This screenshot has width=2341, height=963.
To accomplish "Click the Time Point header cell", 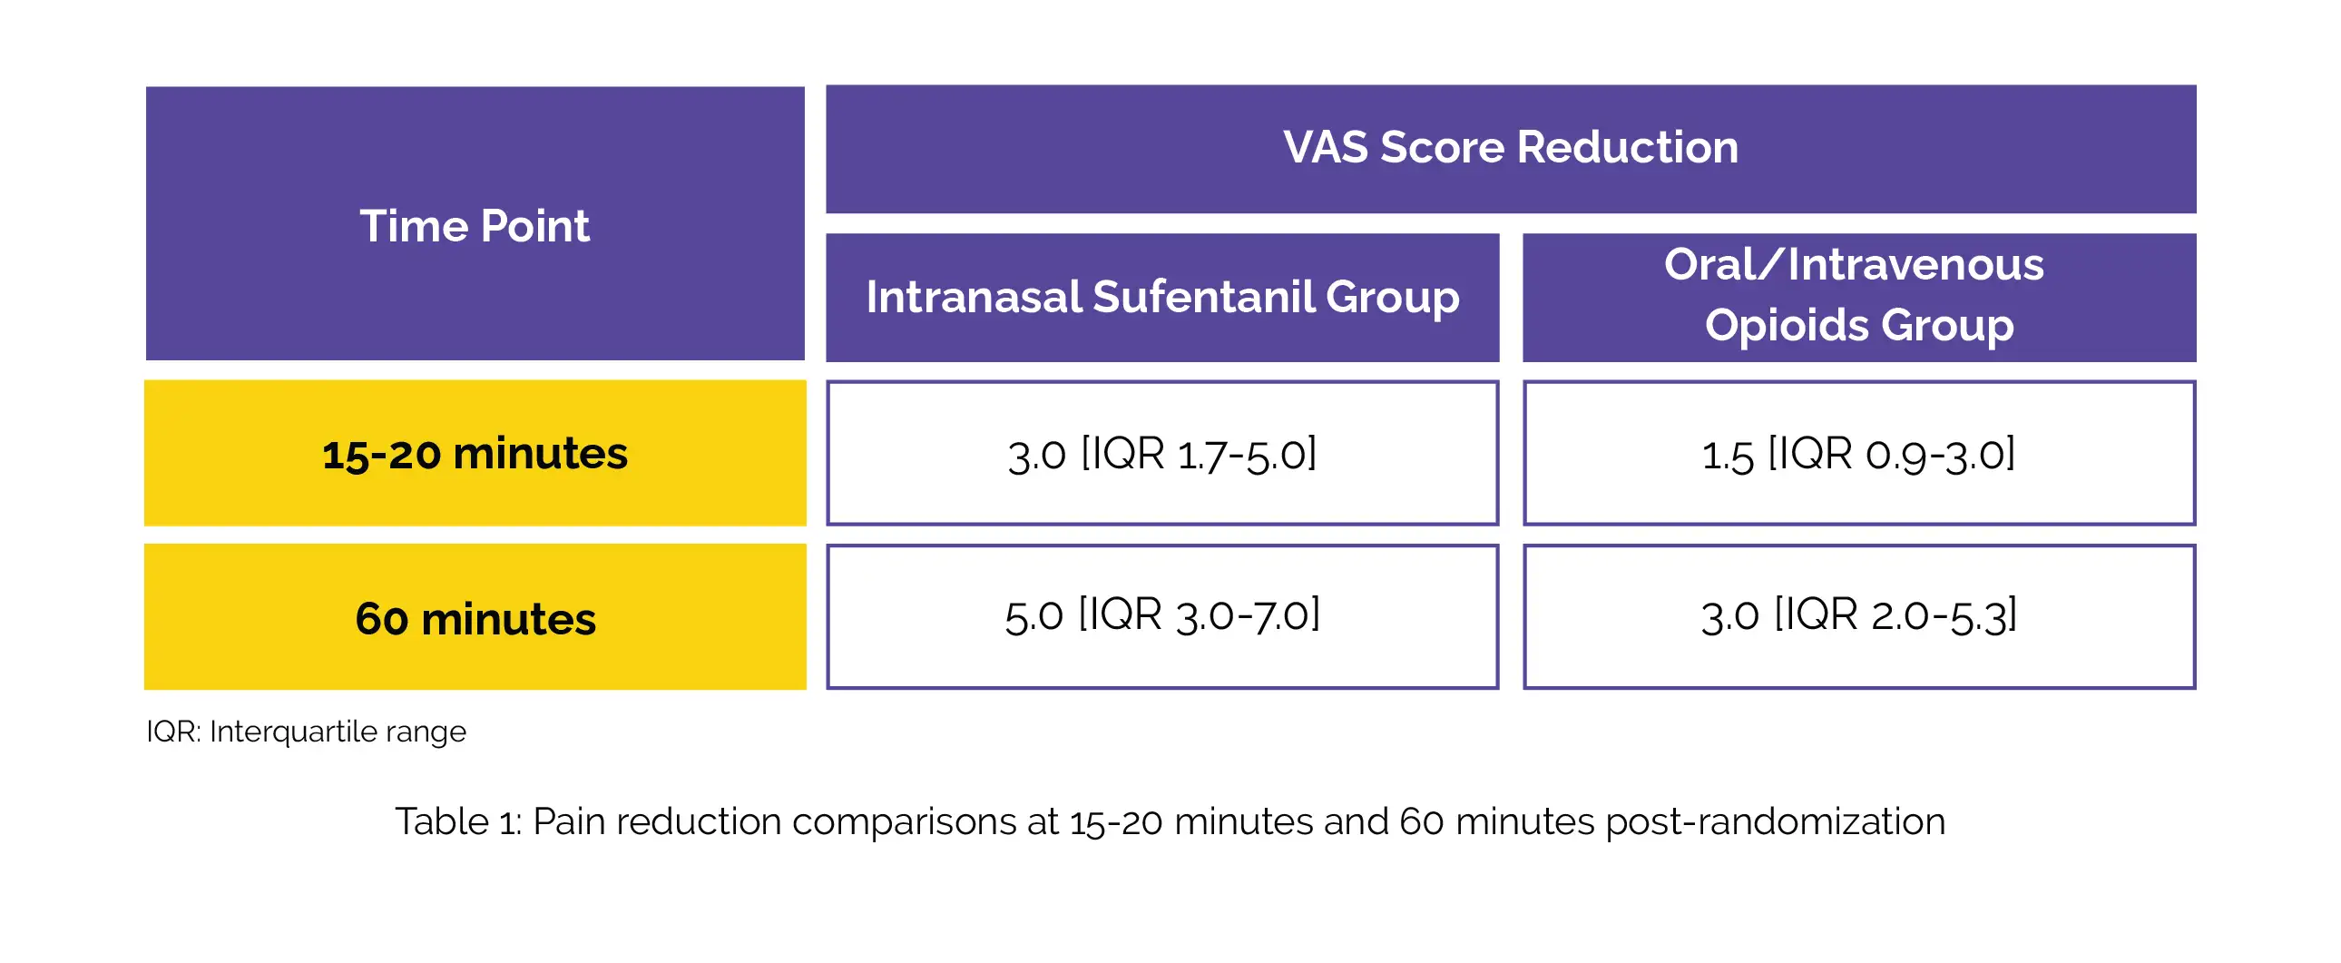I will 475,224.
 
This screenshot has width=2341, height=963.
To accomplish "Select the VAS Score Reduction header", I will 1511,147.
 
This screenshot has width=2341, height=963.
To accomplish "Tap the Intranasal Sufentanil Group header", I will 1161,298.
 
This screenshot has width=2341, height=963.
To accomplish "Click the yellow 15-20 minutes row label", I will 475,453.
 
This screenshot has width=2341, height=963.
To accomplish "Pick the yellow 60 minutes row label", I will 475,617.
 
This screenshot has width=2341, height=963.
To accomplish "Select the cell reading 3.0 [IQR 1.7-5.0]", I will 1161,453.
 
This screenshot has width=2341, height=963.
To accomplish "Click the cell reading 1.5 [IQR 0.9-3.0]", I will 1858,453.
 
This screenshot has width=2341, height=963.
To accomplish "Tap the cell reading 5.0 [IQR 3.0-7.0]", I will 1161,615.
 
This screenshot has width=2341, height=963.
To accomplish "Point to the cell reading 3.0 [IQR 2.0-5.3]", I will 1858,615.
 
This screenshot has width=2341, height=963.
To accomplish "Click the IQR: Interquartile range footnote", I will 306,732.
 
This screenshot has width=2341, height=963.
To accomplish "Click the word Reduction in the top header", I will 1627,147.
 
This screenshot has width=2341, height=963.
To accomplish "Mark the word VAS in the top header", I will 1325,147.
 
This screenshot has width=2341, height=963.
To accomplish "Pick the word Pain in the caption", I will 569,821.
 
